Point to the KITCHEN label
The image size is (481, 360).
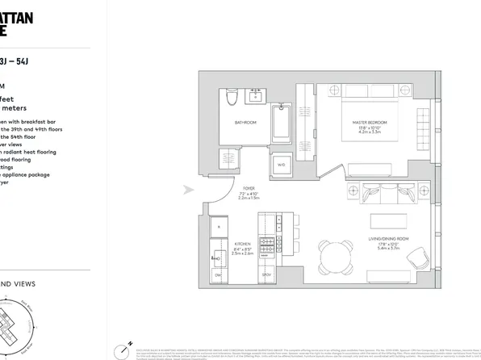242,242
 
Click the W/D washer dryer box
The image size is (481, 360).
281,165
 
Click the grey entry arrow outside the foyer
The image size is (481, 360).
189,190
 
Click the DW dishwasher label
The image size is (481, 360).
218,276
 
